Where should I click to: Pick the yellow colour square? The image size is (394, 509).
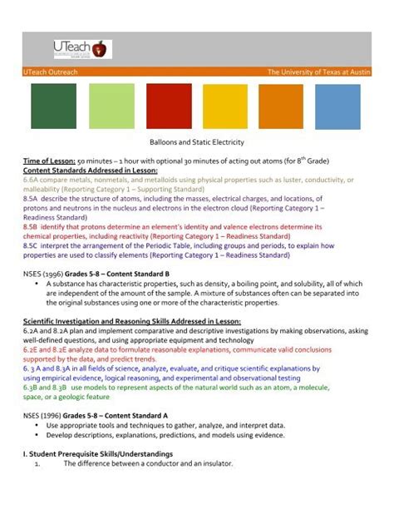(225, 106)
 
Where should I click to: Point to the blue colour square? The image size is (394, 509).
(338, 106)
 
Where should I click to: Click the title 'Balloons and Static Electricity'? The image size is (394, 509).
(195, 144)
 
